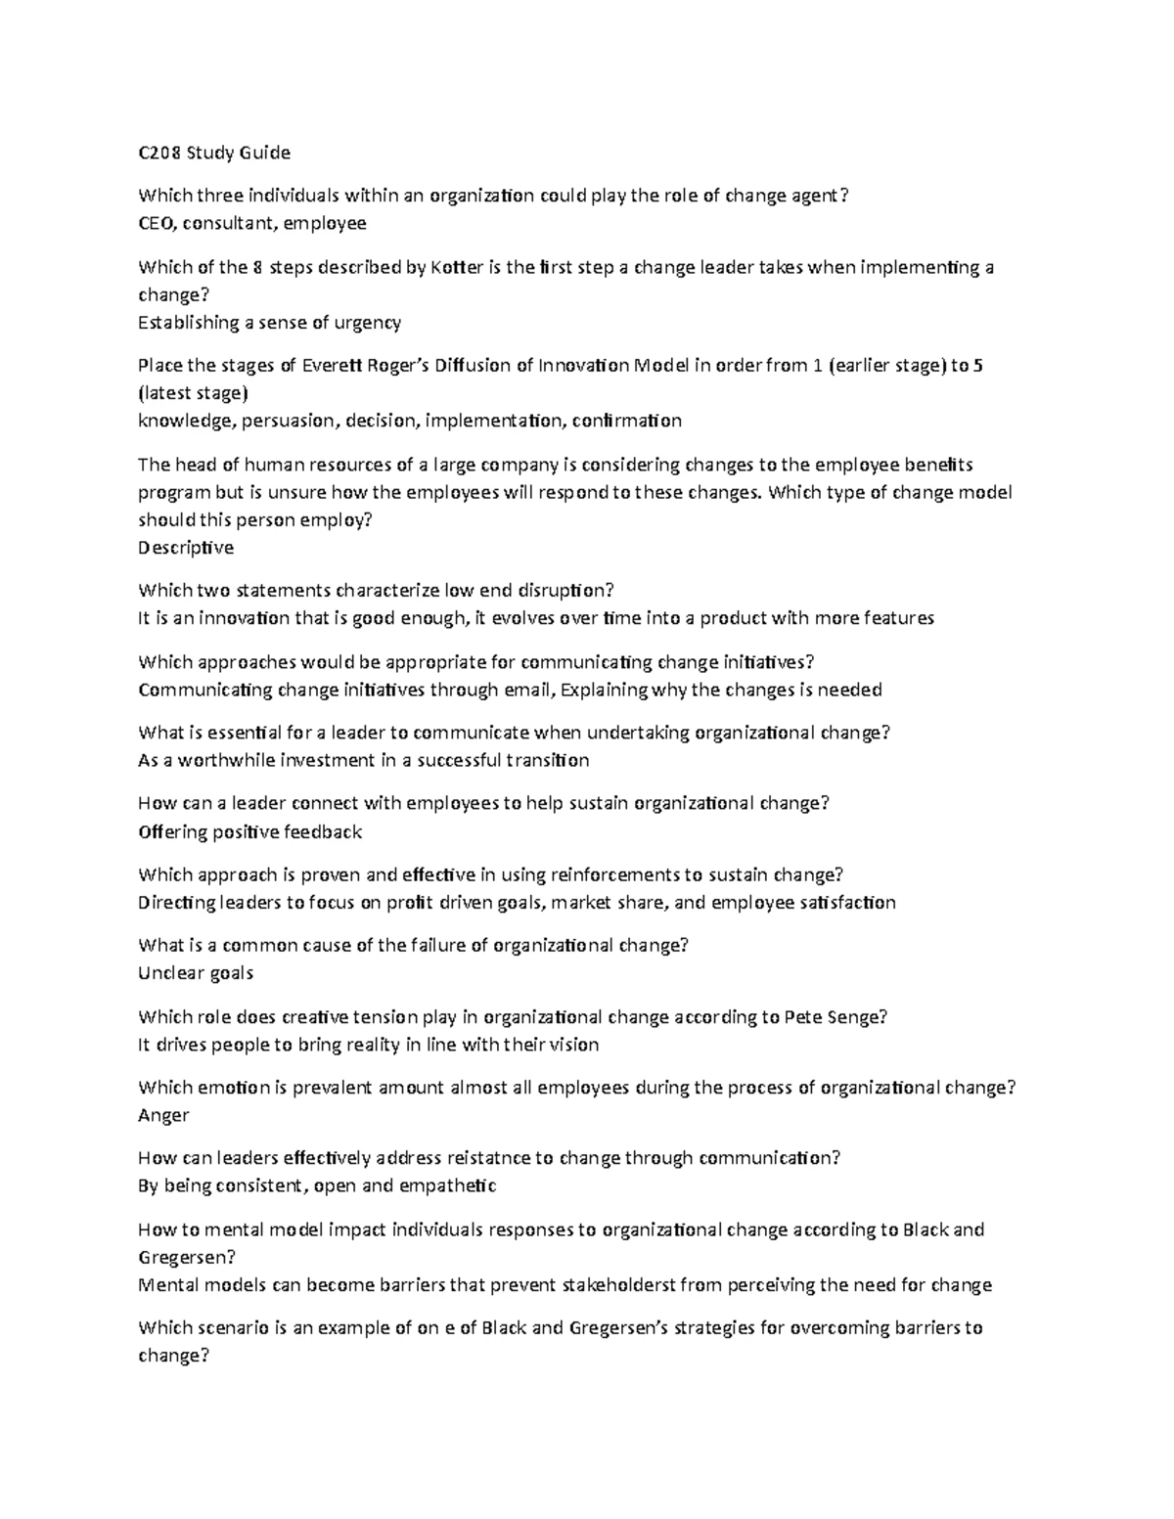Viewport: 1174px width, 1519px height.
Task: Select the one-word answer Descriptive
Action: (186, 548)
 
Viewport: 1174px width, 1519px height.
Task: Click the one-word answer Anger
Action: (163, 1115)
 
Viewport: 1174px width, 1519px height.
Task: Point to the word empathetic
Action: (451, 1186)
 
